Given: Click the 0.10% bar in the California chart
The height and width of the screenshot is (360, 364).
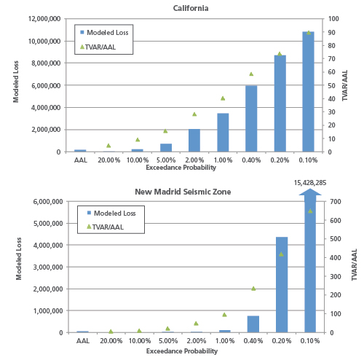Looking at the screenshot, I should tap(309, 91).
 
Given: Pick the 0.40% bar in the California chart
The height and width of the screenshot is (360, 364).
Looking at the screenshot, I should tap(251, 118).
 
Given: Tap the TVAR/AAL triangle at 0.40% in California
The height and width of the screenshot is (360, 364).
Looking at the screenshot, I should tap(251, 74).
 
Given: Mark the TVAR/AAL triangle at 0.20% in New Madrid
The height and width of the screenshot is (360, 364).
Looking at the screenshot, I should tap(281, 254).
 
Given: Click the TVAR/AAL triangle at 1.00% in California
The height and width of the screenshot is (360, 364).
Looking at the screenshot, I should tap(223, 98).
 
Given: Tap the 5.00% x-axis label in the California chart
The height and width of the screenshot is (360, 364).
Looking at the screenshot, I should tap(165, 160).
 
